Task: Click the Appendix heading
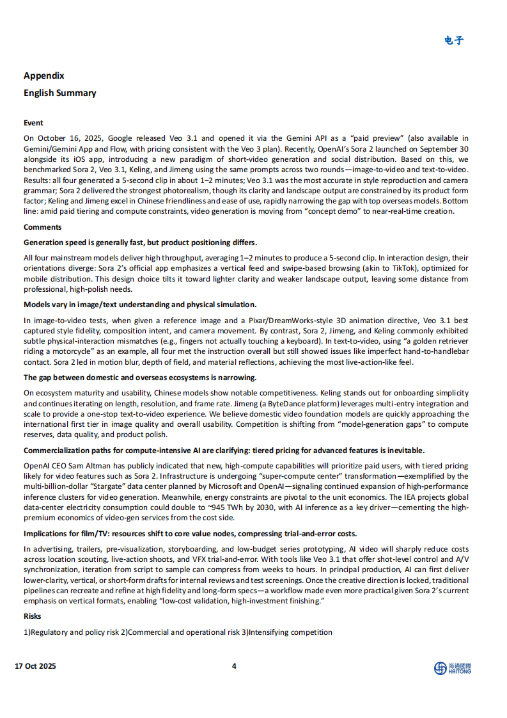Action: [x=44, y=76]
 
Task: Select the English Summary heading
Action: [x=60, y=93]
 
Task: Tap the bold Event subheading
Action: [x=34, y=123]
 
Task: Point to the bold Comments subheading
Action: [x=43, y=227]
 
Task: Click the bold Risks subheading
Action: [x=33, y=616]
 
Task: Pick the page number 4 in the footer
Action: [x=234, y=666]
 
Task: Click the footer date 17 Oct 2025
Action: [x=36, y=666]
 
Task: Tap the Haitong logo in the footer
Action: [x=453, y=668]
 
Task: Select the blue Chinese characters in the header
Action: [x=454, y=40]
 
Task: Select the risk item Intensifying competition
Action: [x=290, y=632]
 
